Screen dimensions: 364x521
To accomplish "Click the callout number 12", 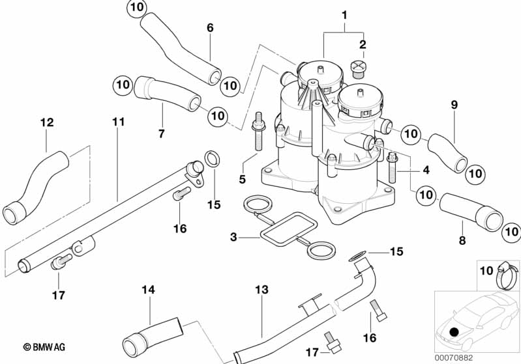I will pos(47,122).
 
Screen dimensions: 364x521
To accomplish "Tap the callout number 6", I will pos(210,28).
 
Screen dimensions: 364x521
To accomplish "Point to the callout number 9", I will pos(454,104).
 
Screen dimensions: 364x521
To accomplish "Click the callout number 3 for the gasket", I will pos(233,237).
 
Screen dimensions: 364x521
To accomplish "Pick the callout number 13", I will pos(261,289).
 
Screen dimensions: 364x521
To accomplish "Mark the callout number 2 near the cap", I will pos(363,45).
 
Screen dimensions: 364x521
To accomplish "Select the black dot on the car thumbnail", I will pos(454,332).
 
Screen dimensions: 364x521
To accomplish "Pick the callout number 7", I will pos(161,133).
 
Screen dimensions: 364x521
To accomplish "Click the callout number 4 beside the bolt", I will pos(425,170).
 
